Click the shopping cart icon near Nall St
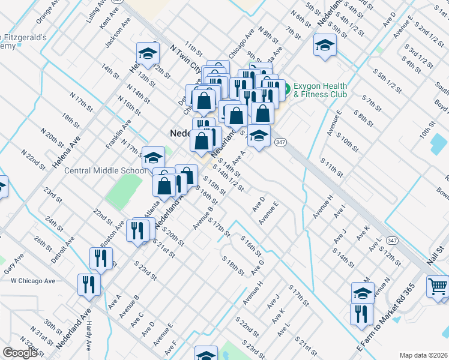coord(438,286)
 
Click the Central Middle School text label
coord(106,170)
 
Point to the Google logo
coord(20,353)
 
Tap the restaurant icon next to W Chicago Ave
coord(88,284)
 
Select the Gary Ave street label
coord(13,264)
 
